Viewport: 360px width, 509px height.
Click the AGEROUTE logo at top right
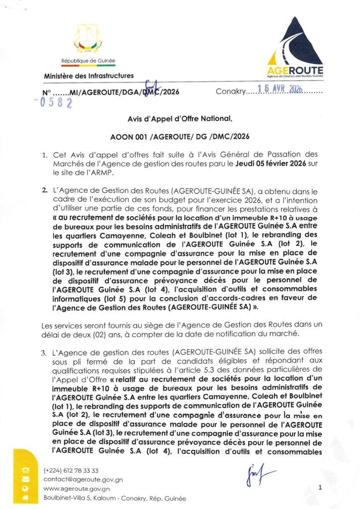click(294, 50)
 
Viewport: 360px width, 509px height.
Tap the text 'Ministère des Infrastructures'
click(89, 76)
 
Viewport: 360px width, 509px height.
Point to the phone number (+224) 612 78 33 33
click(71, 470)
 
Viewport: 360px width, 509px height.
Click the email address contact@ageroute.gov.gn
click(83, 480)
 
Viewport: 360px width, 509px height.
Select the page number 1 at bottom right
click(320, 488)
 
